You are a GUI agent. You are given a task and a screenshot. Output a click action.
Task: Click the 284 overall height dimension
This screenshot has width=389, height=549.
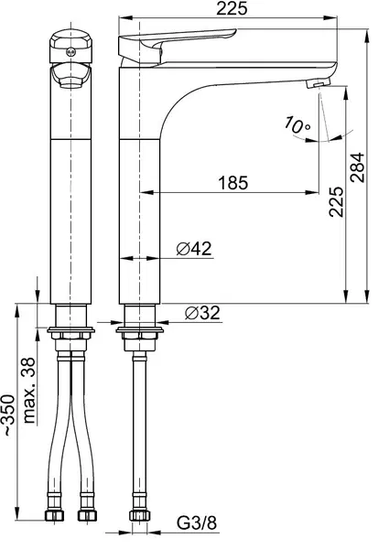pos(358,167)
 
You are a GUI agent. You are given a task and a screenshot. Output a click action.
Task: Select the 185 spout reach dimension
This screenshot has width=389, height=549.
pos(233,183)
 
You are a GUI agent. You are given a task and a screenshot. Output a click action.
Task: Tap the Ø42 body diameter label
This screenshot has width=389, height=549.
pos(194,249)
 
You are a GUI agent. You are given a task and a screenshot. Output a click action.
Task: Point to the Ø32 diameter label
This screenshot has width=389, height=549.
pos(202,313)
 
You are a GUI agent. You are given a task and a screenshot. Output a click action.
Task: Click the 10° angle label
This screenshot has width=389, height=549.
pos(297,124)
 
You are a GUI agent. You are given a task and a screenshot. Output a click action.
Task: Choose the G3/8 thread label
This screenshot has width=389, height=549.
pos(197,523)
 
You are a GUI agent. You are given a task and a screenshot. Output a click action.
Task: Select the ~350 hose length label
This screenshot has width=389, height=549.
pos(9,414)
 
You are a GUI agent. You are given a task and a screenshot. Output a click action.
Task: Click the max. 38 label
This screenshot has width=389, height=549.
pos(29,391)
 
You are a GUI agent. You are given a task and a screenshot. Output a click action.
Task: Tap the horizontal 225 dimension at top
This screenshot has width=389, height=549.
pos(232,9)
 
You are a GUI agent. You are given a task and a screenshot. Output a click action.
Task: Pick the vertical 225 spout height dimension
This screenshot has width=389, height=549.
pos(336,201)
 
